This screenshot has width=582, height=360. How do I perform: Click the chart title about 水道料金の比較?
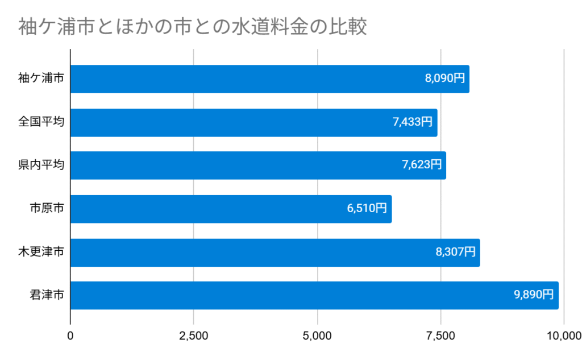click(192, 27)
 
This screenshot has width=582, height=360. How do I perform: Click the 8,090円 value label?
click(445, 79)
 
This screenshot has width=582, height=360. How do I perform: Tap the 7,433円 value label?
click(413, 122)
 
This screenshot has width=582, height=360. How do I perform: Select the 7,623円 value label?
click(422, 165)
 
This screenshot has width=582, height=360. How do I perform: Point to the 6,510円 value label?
click(367, 209)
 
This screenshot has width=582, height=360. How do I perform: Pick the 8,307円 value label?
click(456, 252)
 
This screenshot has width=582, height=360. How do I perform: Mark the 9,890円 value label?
click(534, 295)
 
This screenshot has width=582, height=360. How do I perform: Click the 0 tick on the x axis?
click(70, 336)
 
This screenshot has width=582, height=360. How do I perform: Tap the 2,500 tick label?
click(194, 336)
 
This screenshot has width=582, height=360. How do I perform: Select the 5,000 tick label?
click(317, 336)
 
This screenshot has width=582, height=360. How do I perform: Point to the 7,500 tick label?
click(440, 336)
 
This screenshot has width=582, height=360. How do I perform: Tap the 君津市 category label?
click(47, 295)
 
